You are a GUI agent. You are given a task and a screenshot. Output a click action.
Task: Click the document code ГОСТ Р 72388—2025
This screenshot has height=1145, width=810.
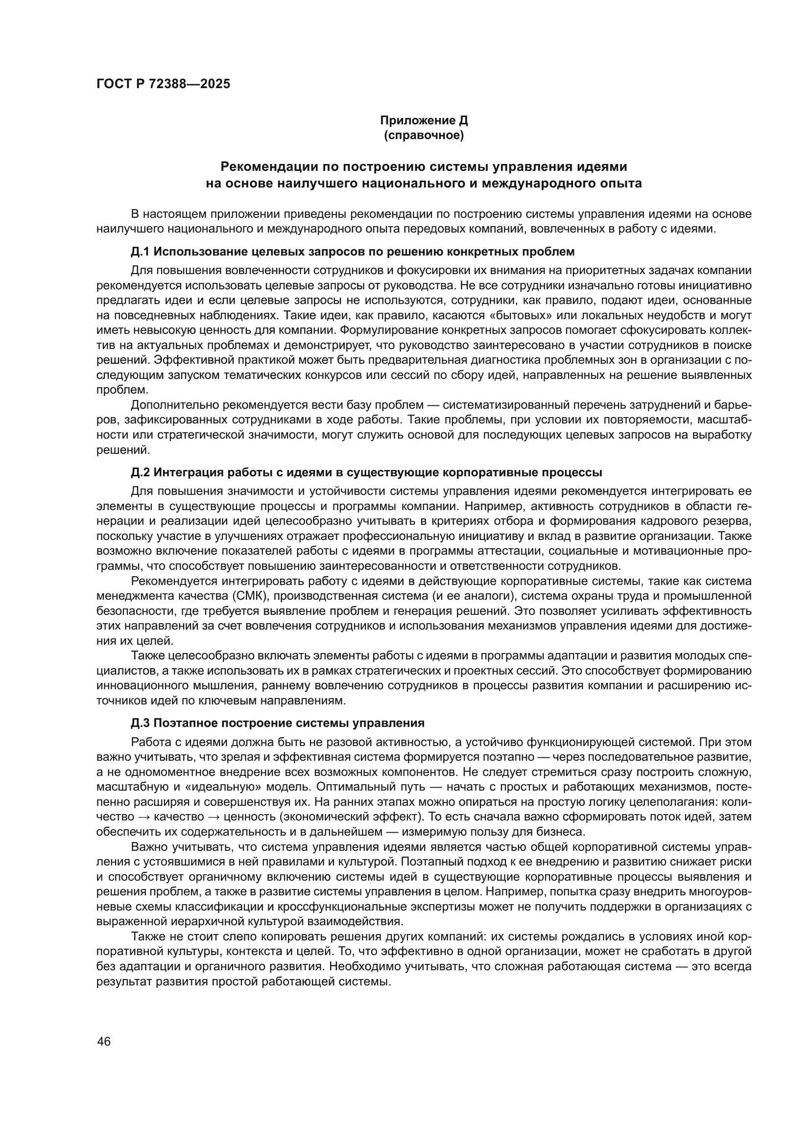click(x=163, y=84)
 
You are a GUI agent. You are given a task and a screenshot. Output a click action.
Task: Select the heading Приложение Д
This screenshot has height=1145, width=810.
click(x=424, y=120)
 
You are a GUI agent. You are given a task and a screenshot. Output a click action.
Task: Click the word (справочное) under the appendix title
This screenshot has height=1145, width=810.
click(x=424, y=136)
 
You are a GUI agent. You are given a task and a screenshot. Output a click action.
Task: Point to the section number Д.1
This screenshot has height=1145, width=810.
click(x=140, y=251)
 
